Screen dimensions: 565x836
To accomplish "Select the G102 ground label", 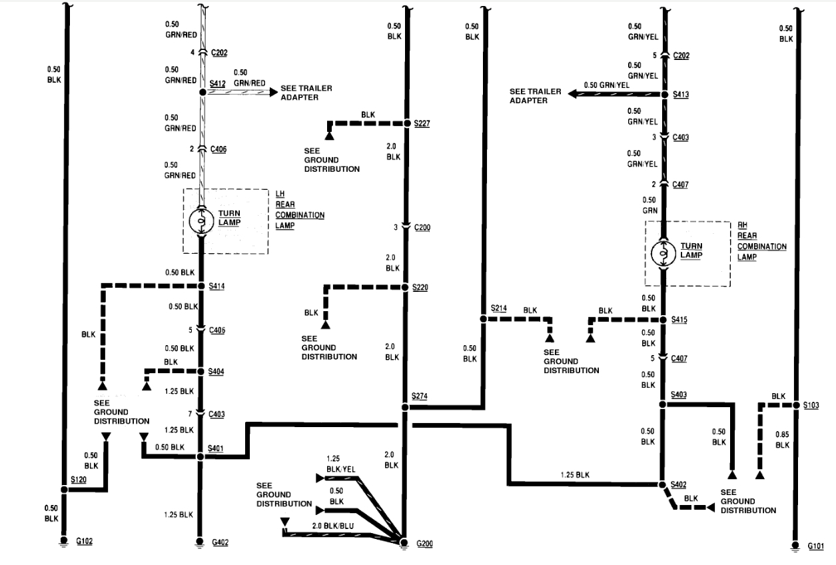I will coord(84,541).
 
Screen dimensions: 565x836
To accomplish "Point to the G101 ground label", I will coord(816,546).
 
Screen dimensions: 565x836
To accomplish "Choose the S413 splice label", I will coord(680,95).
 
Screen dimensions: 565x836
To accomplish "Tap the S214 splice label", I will coord(500,308).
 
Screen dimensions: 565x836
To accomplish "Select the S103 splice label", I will coord(811,404).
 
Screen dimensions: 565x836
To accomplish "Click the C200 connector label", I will coord(422,227).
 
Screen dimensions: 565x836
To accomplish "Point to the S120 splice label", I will coord(79,479).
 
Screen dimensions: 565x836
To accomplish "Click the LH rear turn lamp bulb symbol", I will coord(200,221).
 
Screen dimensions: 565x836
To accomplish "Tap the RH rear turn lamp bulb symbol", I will coord(664,253).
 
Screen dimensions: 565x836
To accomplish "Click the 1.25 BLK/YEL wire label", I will coord(341,464).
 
